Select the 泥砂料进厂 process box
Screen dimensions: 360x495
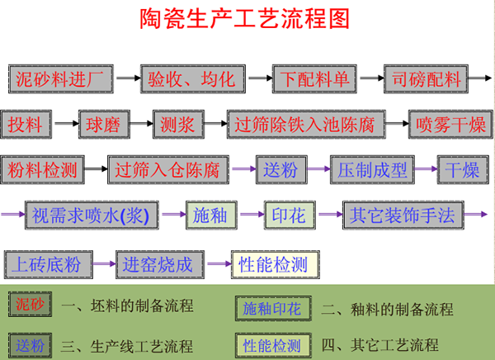click(x=60, y=79)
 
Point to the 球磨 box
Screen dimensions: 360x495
click(x=103, y=126)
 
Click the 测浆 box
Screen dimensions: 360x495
click(x=176, y=126)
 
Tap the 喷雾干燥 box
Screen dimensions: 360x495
click(x=451, y=126)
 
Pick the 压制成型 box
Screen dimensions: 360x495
click(x=373, y=171)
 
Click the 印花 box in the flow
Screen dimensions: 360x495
click(x=289, y=216)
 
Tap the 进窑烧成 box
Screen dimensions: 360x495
click(x=158, y=264)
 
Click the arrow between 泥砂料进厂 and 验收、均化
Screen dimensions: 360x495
click(x=128, y=79)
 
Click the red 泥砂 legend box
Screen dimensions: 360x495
click(x=31, y=306)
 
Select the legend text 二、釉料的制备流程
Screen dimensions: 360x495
click(x=388, y=310)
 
